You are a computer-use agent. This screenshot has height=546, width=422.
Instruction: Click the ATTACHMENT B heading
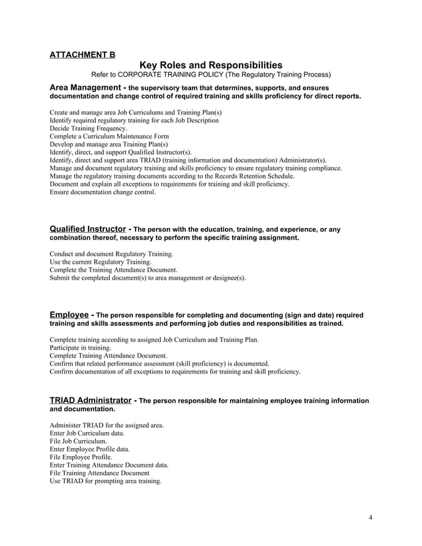(x=82, y=55)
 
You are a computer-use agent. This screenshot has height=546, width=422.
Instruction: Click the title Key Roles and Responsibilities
(x=211, y=65)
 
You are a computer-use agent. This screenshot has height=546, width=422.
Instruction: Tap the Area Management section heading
(x=86, y=87)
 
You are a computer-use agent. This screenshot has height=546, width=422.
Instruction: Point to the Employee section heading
(x=69, y=315)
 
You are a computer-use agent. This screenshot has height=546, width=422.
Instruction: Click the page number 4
(x=371, y=516)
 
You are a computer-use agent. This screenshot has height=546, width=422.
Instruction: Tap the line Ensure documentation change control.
(x=103, y=192)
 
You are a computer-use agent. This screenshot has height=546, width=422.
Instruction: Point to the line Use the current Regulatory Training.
(x=101, y=262)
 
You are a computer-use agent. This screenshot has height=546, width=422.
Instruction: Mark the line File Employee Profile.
(x=81, y=457)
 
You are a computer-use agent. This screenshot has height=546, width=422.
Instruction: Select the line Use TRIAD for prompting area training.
(x=105, y=481)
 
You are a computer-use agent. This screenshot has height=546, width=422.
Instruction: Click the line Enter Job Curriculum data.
(x=87, y=433)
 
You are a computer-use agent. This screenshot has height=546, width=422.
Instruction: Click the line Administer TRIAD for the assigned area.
(x=106, y=425)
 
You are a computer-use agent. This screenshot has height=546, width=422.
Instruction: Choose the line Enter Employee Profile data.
(x=89, y=449)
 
